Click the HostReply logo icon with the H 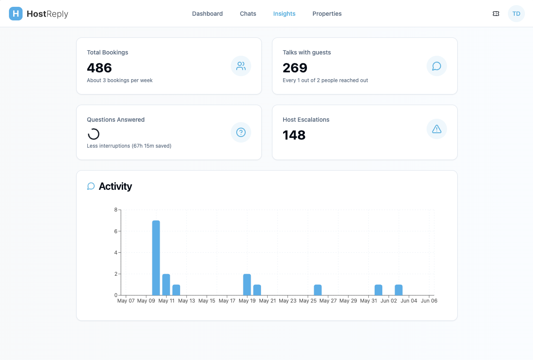[x=16, y=14]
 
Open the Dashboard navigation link [x=207, y=14]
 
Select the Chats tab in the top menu [x=248, y=14]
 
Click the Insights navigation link [x=284, y=14]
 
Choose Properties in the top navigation [x=327, y=14]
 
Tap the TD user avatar [x=516, y=14]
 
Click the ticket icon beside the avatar [x=496, y=14]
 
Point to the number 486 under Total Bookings [x=99, y=68]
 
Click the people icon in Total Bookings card [x=241, y=66]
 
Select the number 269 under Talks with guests [x=295, y=68]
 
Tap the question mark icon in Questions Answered [x=241, y=132]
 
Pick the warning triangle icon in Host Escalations [x=437, y=129]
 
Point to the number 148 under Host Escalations [x=294, y=135]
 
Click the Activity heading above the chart [x=115, y=186]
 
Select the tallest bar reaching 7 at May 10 [x=156, y=258]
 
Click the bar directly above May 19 [x=247, y=285]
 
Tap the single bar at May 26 [x=318, y=290]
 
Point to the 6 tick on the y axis [x=116, y=231]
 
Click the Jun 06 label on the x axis [x=429, y=301]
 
